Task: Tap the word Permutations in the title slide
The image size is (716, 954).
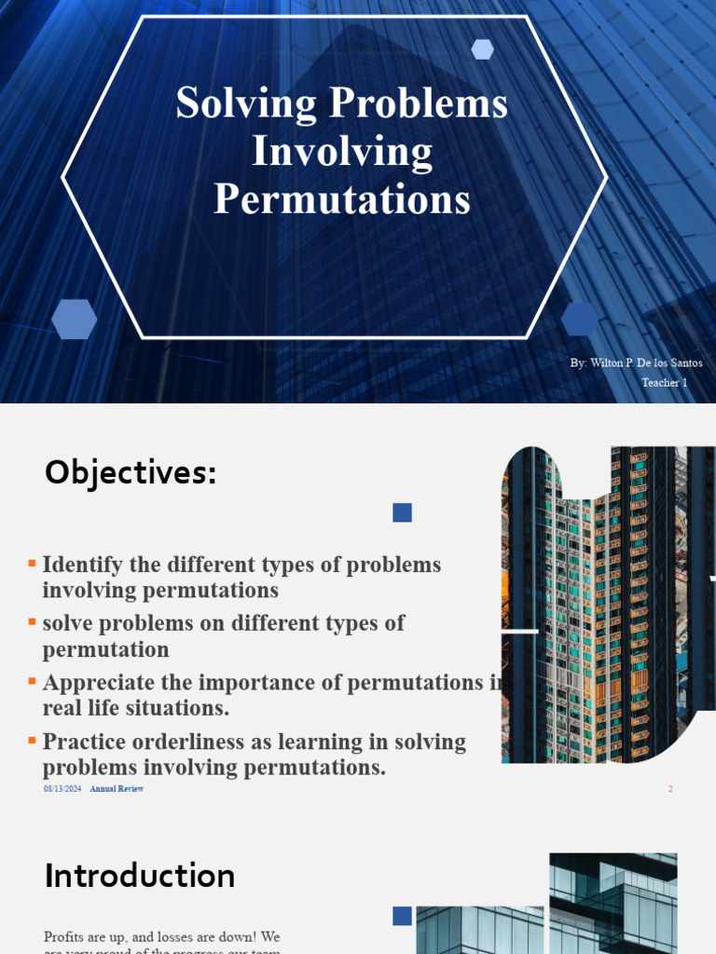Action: (342, 199)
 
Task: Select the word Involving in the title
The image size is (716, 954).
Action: (342, 152)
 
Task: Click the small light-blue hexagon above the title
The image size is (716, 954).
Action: (482, 49)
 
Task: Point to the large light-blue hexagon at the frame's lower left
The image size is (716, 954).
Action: (74, 320)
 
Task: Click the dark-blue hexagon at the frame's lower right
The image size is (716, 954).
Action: (580, 319)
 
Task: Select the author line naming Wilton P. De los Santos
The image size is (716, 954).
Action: (637, 362)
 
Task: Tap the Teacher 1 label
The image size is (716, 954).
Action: (665, 383)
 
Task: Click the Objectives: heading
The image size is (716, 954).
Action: (131, 473)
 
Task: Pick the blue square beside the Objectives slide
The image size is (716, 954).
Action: (403, 512)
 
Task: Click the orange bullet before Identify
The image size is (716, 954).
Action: (33, 564)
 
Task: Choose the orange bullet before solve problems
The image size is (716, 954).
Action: (33, 621)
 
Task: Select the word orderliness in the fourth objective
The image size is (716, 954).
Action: (199, 743)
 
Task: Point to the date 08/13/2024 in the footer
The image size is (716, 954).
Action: (62, 789)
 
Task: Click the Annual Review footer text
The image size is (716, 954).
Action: (117, 789)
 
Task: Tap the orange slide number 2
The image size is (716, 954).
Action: (670, 789)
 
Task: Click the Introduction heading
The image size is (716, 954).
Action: (140, 876)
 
